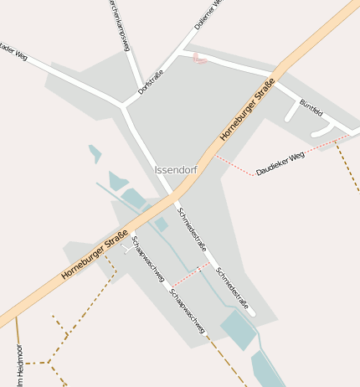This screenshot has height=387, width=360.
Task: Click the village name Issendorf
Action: pos(175,170)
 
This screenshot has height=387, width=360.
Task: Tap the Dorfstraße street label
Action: pos(152,80)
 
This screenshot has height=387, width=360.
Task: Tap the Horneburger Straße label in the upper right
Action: pos(248,115)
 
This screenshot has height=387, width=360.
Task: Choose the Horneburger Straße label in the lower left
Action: pos(95,254)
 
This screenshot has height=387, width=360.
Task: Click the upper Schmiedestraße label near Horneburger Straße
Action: pos(192,228)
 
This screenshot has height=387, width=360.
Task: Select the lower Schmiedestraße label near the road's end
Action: pos(232,288)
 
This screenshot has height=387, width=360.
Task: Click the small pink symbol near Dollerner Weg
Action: pos(198,58)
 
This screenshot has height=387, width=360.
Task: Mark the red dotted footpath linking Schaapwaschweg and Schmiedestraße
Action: pos(191,274)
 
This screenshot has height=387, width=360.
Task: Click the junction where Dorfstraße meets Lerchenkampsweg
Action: pos(125,106)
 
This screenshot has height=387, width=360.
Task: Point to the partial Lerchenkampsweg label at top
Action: pos(118,25)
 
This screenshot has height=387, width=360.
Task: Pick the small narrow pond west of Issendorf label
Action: pos(95,153)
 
